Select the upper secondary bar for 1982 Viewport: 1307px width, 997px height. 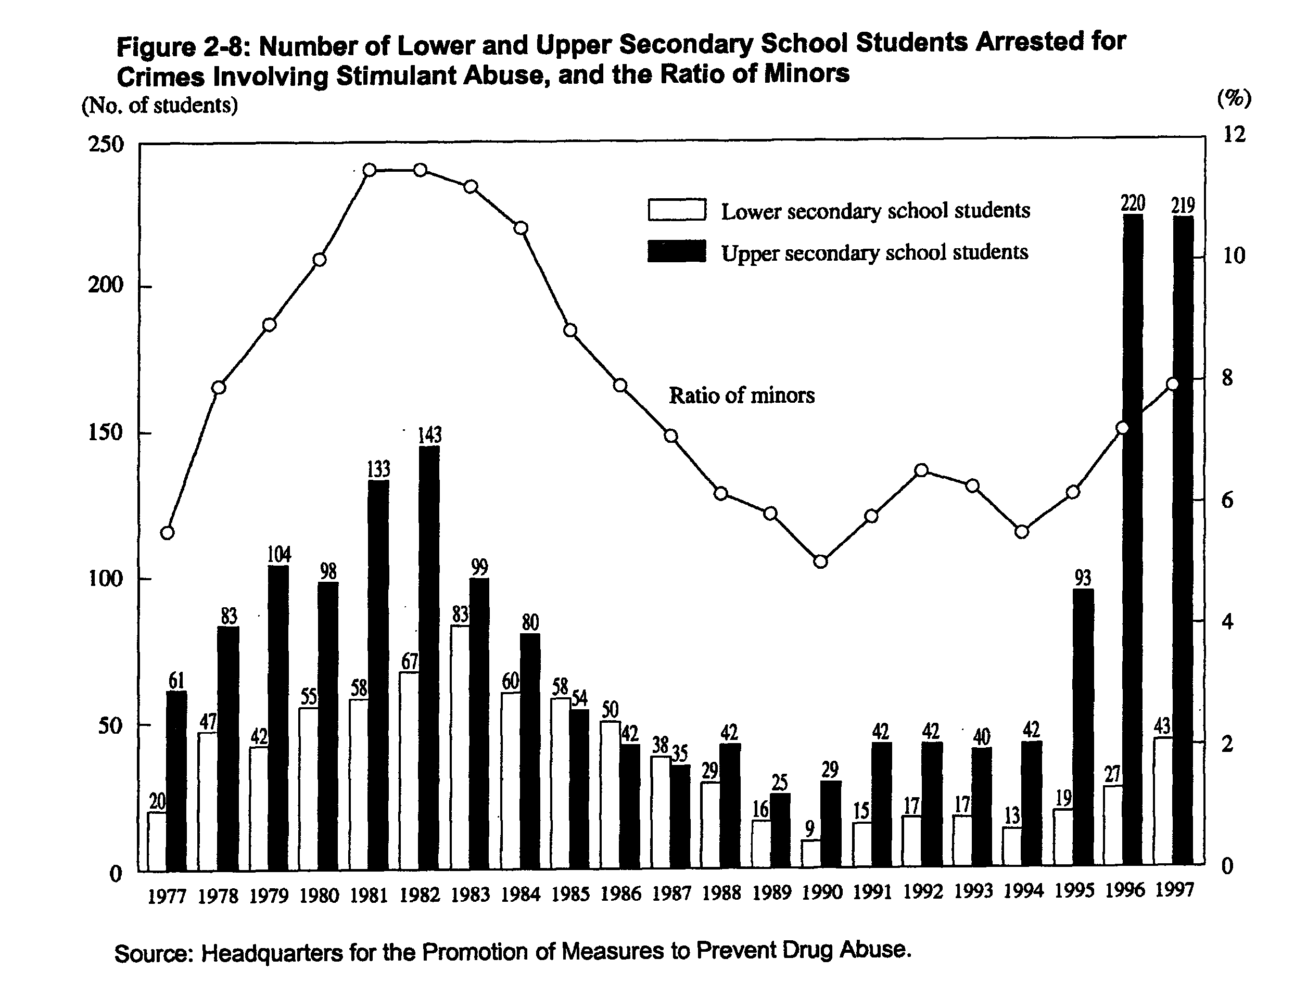click(x=429, y=658)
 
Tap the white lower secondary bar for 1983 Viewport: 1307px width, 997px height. click(x=460, y=747)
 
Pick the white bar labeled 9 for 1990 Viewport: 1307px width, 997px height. click(x=811, y=853)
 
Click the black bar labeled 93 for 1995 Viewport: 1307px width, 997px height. click(x=1083, y=726)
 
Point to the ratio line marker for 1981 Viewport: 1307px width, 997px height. click(x=369, y=170)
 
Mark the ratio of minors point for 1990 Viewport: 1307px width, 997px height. click(x=820, y=561)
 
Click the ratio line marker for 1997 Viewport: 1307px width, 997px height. click(x=1172, y=384)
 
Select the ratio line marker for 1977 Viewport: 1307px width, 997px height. click(x=168, y=532)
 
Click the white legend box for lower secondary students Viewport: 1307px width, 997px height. click(x=677, y=210)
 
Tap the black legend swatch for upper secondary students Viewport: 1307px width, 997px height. click(x=677, y=250)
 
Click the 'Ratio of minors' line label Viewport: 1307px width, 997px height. click(x=741, y=395)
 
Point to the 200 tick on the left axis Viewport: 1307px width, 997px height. click(x=106, y=286)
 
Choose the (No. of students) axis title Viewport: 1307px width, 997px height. click(x=160, y=105)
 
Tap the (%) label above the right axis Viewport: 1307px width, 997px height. click(x=1234, y=98)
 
